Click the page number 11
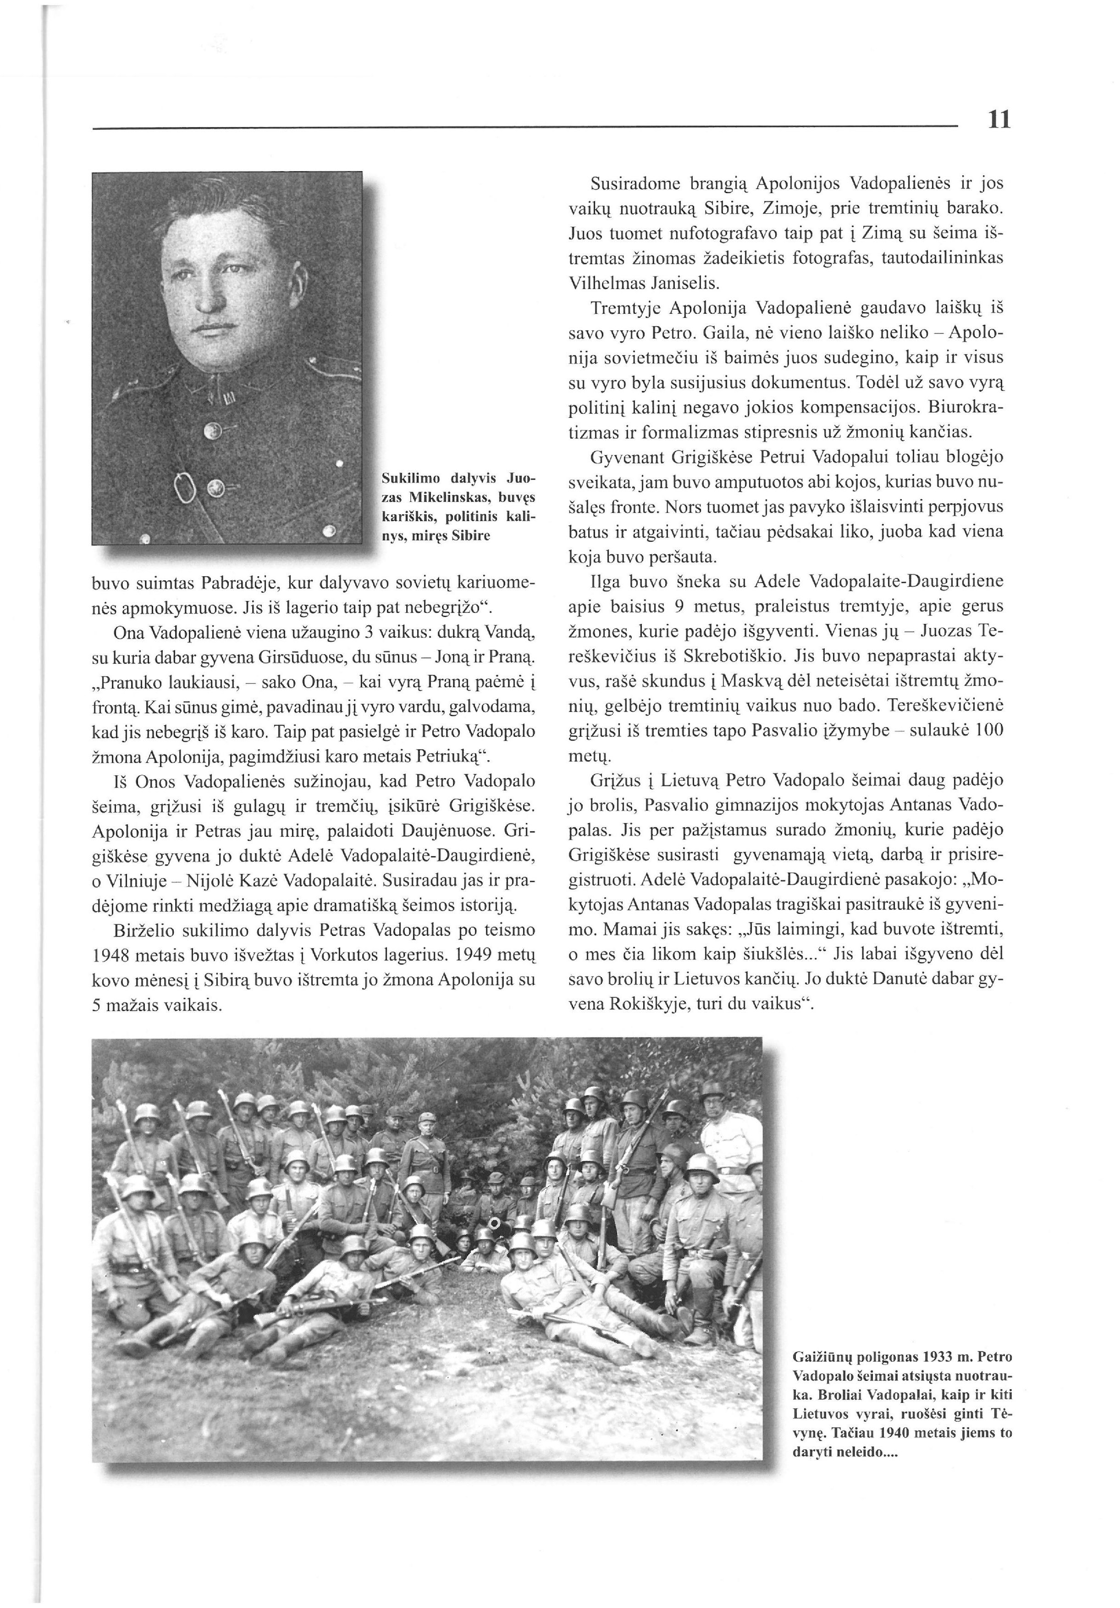pos(999,120)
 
